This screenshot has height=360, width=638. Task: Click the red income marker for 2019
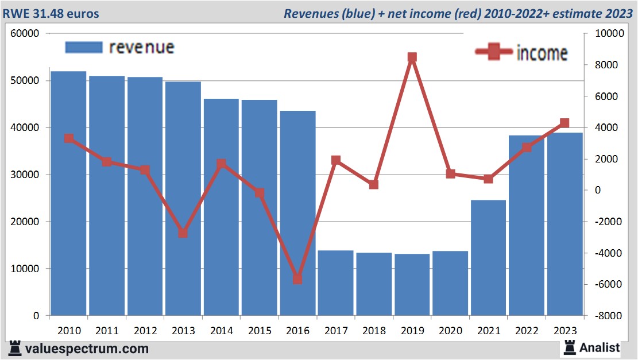412,57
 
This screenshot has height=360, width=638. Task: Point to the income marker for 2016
297,279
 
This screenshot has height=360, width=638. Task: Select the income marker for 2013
183,233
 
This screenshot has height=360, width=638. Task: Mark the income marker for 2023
564,123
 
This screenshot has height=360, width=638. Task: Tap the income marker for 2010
68,138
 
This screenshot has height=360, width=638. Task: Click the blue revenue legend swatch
84,47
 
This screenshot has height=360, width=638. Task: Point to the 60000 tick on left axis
25,33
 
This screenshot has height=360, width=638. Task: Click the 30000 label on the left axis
25,175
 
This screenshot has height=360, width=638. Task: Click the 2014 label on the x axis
221,331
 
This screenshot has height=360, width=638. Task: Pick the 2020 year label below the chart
450,331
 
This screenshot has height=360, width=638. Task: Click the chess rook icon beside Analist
570,347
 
